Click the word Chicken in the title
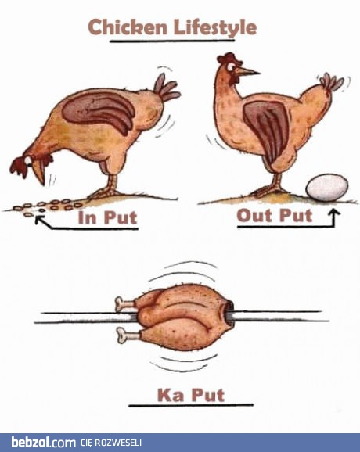click(x=128, y=27)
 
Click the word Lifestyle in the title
click(x=215, y=28)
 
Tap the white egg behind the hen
click(x=327, y=188)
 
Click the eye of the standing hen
click(x=231, y=67)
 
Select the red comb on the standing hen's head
click(x=229, y=58)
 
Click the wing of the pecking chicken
click(x=99, y=111)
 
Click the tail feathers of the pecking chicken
click(x=167, y=88)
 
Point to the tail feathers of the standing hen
click(x=331, y=82)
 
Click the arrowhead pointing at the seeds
click(x=39, y=221)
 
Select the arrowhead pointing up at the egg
click(x=334, y=213)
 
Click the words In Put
click(x=107, y=217)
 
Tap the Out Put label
click(x=275, y=215)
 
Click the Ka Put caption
click(x=191, y=395)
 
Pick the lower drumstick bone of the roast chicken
click(x=128, y=335)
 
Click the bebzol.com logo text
click(x=43, y=443)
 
